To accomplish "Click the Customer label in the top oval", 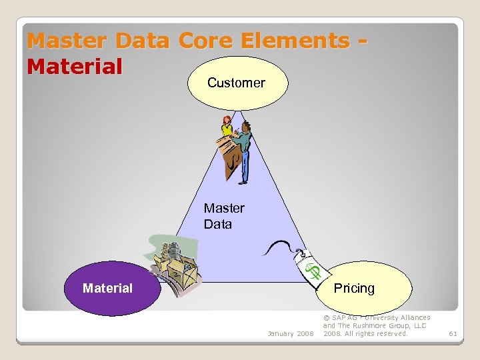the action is click(x=236, y=83).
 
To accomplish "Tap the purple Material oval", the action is click(x=107, y=288).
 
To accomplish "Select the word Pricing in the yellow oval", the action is click(x=354, y=288).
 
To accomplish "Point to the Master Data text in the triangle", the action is click(x=224, y=216).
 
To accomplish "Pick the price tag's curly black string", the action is click(x=279, y=248).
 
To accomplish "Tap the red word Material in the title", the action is click(x=75, y=66).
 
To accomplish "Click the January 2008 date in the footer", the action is click(x=290, y=333).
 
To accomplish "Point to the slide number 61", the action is click(x=453, y=333).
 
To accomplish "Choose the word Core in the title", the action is click(x=209, y=41).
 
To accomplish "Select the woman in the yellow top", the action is click(x=227, y=127).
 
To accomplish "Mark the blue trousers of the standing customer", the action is click(x=245, y=167).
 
